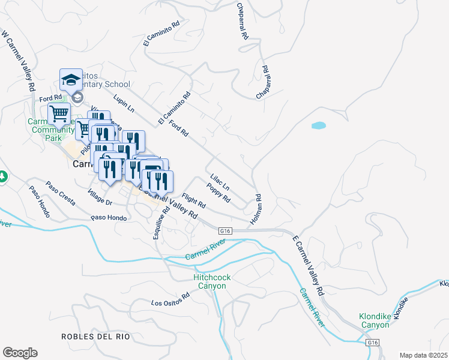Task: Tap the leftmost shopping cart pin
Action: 59,113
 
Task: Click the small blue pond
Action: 318,126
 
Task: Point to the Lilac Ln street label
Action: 220,182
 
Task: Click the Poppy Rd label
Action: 218,193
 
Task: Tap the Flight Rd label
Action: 194,200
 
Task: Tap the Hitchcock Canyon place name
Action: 209,281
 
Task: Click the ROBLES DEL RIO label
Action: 95,337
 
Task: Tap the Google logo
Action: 20,353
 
